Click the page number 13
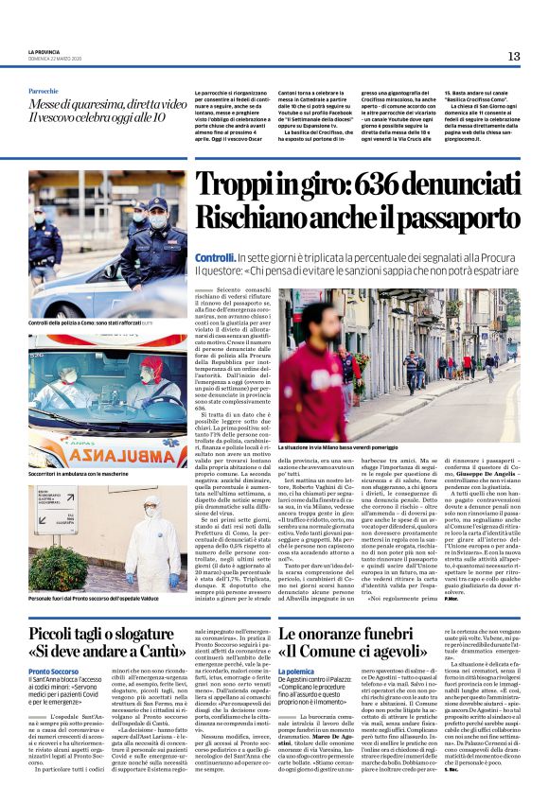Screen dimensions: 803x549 (513, 56)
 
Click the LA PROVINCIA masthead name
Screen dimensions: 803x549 (43, 51)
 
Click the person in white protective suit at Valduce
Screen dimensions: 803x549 (141, 542)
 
